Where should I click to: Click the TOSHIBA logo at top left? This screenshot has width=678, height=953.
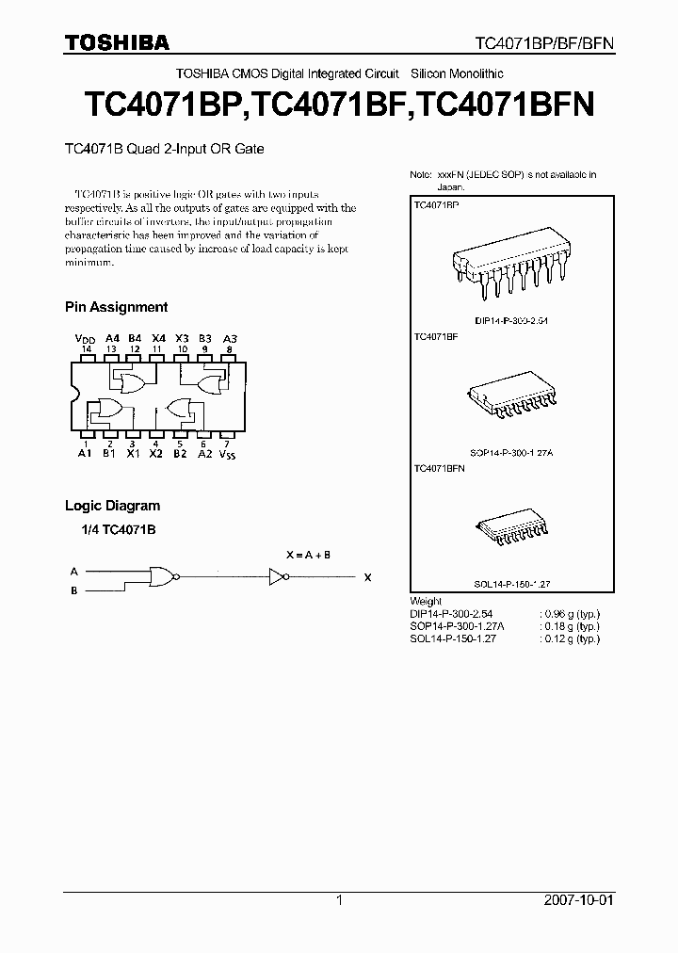tap(117, 42)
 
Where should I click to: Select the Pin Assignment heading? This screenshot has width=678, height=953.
tap(116, 307)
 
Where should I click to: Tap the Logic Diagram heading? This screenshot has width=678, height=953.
tap(112, 506)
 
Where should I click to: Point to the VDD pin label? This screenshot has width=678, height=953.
tap(86, 338)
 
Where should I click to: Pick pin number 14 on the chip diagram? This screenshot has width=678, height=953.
tap(87, 348)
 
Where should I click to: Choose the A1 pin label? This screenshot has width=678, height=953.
tap(86, 453)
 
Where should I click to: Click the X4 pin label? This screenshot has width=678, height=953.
tap(158, 338)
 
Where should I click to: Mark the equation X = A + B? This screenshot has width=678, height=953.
tap(308, 555)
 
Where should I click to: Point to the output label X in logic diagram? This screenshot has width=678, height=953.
tap(367, 578)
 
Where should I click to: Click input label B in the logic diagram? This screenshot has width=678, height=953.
tap(73, 590)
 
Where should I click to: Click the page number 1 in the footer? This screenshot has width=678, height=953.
tap(339, 900)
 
